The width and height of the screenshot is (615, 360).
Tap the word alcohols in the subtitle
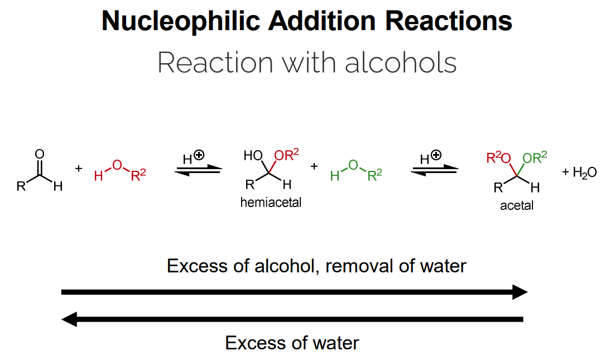coord(401,63)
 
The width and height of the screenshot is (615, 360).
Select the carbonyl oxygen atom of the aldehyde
coord(39,153)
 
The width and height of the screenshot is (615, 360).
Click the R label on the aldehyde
coord(21,186)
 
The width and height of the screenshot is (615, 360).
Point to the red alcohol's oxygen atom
coord(116,164)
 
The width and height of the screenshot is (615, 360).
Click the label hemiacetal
coord(271,203)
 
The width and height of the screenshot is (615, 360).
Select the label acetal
coord(516,205)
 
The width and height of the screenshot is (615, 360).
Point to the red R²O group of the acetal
coord(498,158)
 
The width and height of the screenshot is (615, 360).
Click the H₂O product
coord(584,172)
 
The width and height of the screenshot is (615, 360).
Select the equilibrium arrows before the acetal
coord(435,170)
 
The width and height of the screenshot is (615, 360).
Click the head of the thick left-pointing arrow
coord(69,319)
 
